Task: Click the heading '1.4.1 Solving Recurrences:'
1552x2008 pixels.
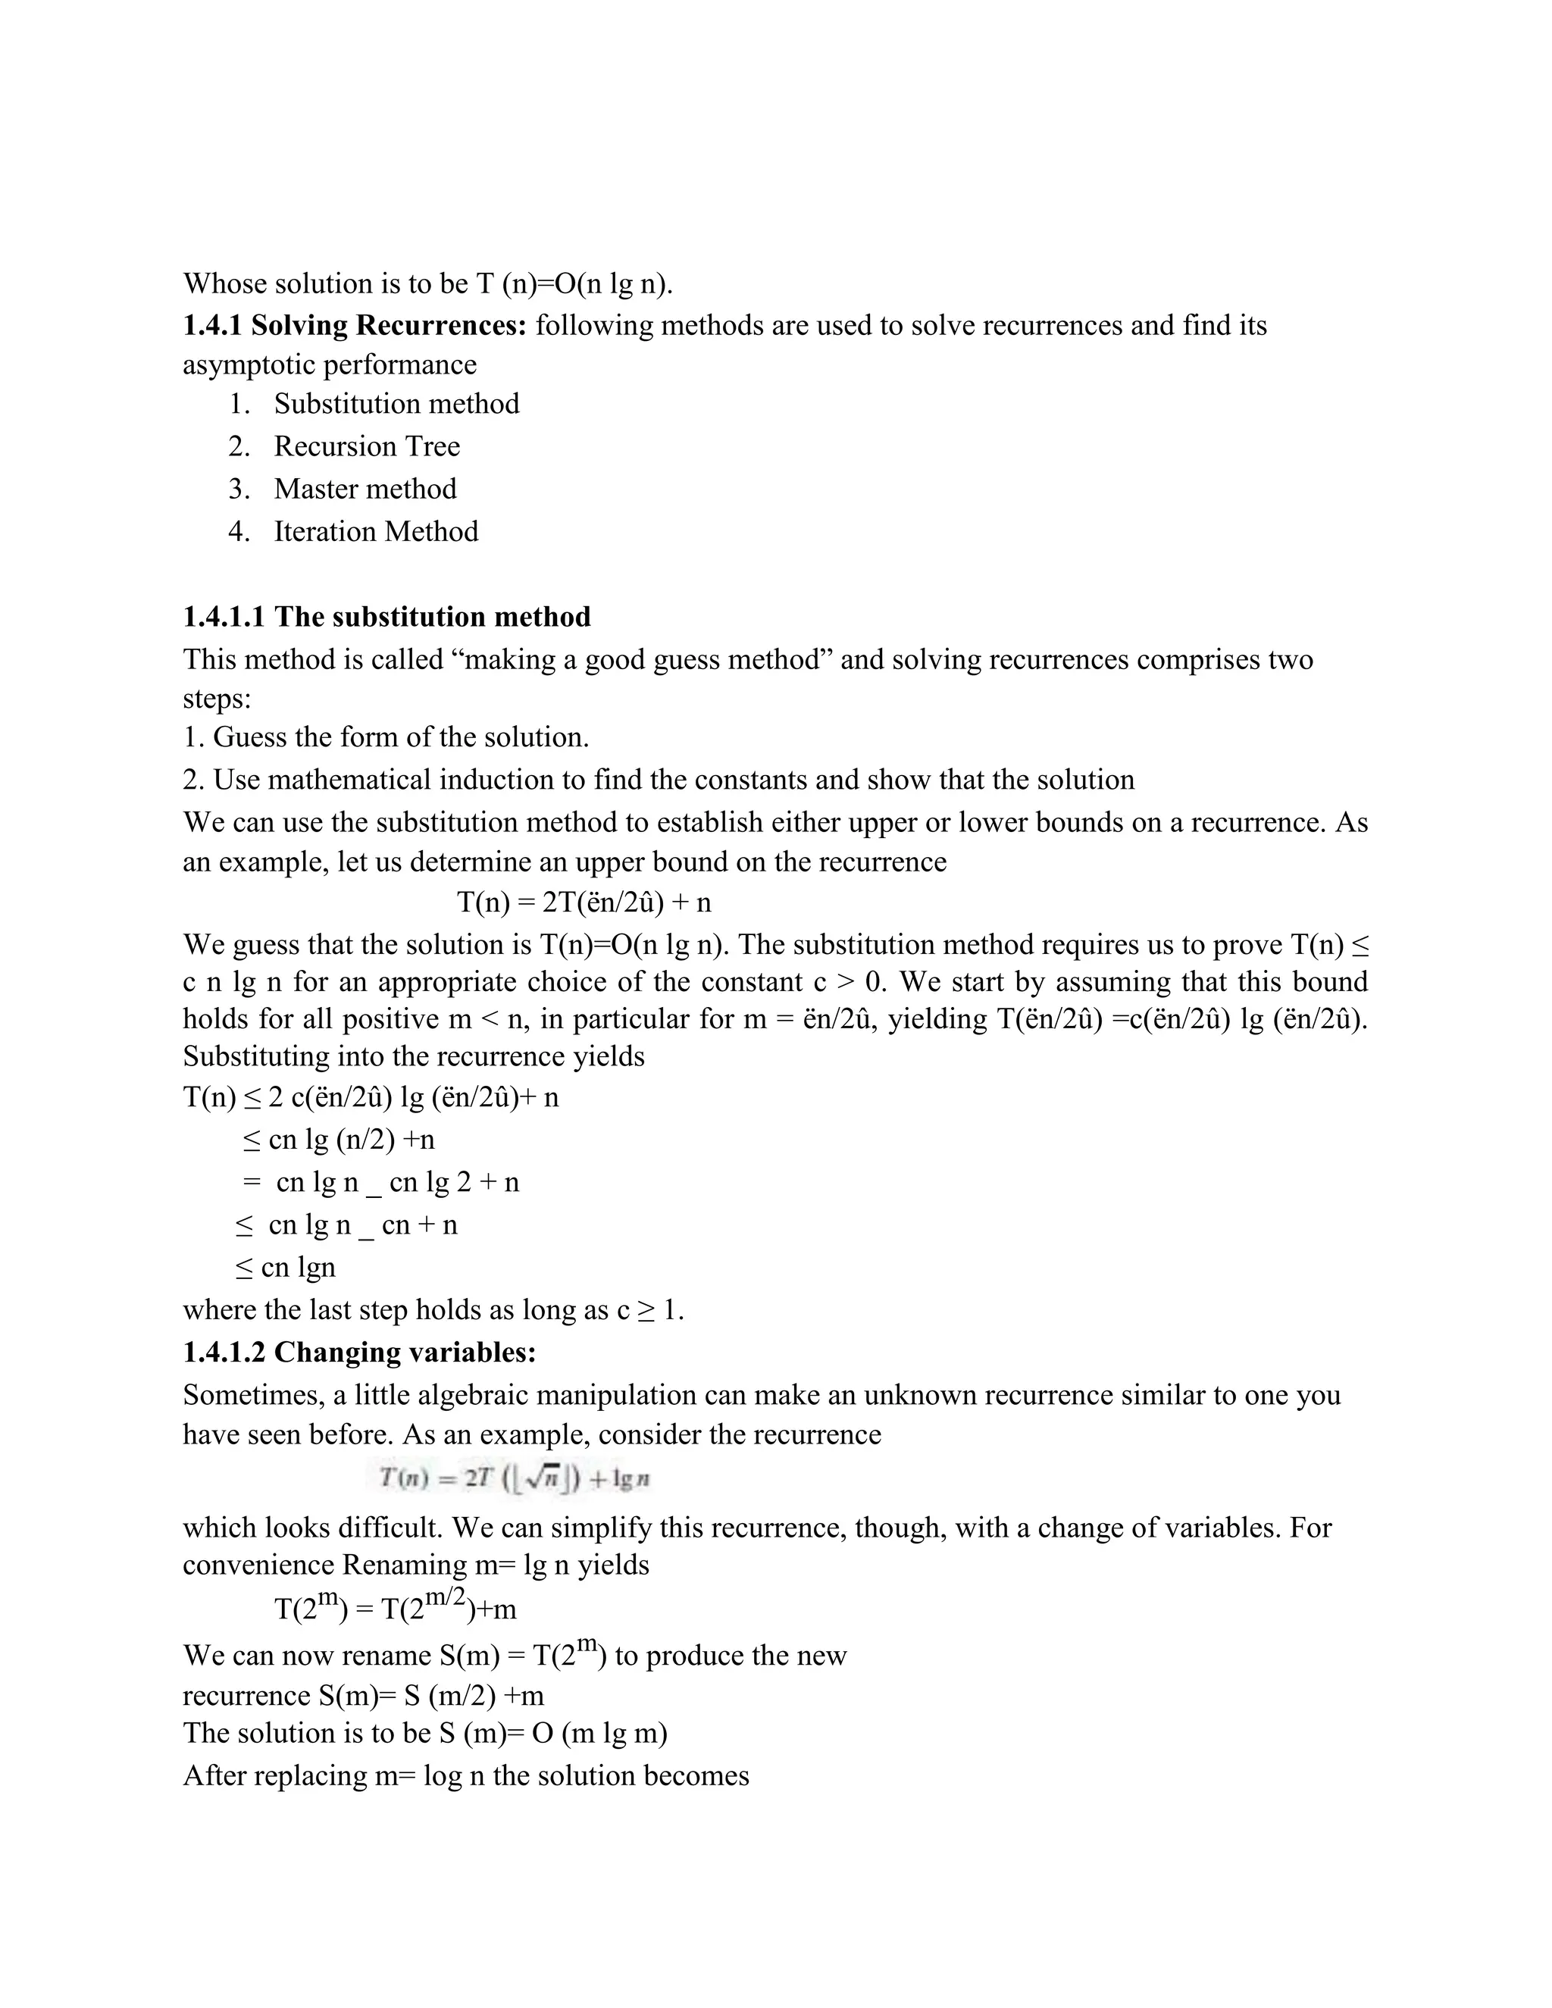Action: (x=354, y=326)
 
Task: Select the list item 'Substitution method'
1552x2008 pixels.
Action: (x=396, y=404)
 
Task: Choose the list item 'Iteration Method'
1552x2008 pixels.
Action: (x=376, y=531)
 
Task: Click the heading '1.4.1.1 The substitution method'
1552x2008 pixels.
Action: (x=386, y=616)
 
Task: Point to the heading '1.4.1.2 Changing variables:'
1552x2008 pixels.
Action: (x=359, y=1353)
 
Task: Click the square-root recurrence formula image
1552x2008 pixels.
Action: (x=515, y=1478)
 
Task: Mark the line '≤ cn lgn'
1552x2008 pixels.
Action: (x=286, y=1267)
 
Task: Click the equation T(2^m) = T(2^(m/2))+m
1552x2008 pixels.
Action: (x=396, y=1607)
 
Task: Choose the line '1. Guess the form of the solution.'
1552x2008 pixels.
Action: (x=386, y=737)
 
